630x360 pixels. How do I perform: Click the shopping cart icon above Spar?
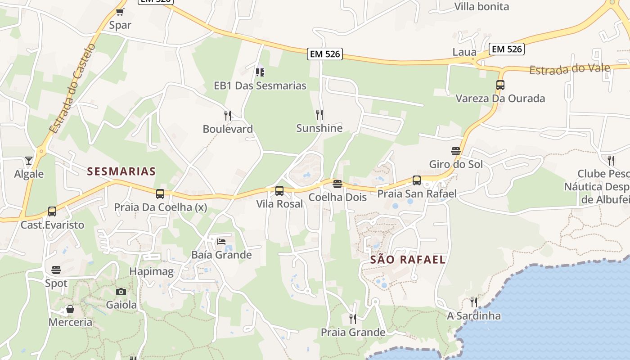120,12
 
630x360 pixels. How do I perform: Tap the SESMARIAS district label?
121,171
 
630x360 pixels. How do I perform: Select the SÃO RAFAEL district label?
408,260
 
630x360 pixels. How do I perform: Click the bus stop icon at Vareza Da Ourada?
500,85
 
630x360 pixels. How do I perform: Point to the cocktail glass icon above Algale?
29,161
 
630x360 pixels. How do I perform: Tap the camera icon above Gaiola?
121,292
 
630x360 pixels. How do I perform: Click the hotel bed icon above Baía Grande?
221,242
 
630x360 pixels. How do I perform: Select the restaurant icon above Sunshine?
319,115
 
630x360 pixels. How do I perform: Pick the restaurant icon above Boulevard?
228,116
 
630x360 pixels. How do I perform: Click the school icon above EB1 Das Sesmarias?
260,72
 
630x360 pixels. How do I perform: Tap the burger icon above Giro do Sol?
456,151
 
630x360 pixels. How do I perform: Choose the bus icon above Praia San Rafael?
417,180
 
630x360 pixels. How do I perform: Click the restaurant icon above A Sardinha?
473,302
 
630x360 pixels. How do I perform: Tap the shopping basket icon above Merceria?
70,309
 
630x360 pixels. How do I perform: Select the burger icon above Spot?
56,270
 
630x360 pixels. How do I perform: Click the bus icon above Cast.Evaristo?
52,211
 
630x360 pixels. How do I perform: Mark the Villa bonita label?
481,7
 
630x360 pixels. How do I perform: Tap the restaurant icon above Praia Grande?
353,319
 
